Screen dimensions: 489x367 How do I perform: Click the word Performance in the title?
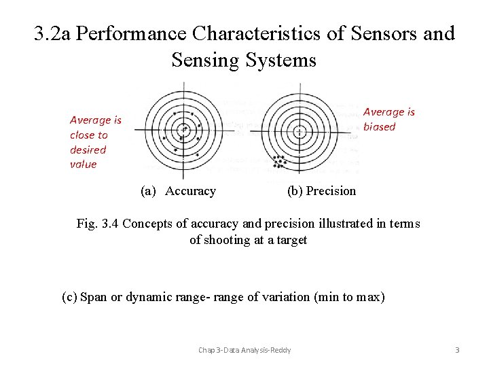pos(130,34)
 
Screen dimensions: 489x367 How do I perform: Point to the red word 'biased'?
pos(379,126)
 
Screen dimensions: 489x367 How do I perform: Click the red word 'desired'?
pos(88,150)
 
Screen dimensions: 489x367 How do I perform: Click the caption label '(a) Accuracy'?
pos(178,191)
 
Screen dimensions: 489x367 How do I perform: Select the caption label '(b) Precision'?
pos(321,191)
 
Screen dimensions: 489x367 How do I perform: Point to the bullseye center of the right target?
pos(300,131)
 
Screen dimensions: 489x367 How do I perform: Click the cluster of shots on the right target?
pos(278,162)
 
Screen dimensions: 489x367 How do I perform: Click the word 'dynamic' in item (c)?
pos(145,297)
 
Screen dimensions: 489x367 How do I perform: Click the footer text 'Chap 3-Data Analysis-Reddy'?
pos(244,350)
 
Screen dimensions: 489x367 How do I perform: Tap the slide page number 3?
pos(457,350)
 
